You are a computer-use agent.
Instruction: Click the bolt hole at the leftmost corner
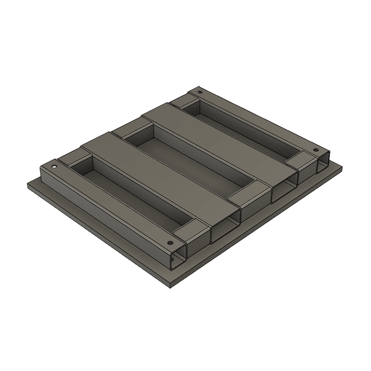point(54,166)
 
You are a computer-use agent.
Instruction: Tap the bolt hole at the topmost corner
point(200,93)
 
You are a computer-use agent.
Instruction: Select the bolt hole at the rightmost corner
point(316,150)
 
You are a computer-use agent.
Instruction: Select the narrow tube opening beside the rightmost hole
point(323,165)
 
